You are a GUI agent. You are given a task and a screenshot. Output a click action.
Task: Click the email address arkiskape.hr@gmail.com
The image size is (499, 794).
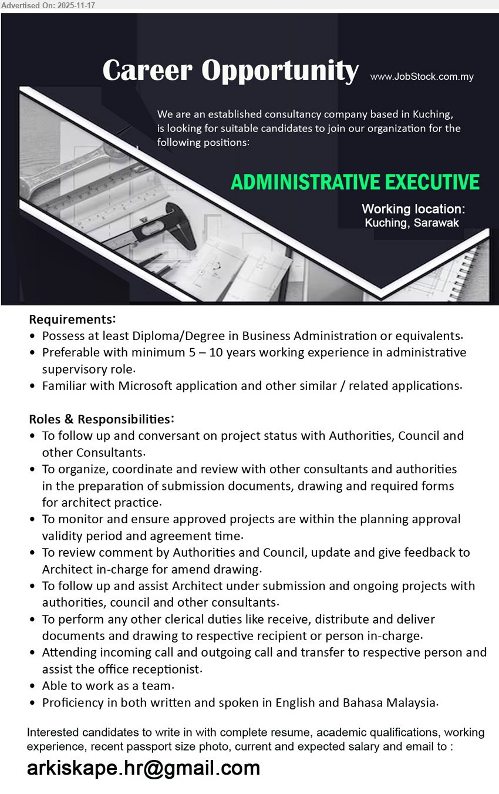(x=143, y=768)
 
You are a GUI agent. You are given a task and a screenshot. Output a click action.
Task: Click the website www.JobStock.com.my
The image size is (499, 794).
(x=422, y=76)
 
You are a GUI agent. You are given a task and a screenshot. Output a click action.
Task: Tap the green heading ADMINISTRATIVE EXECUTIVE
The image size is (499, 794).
(x=355, y=182)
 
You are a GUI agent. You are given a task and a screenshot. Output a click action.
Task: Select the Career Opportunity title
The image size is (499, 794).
(x=230, y=70)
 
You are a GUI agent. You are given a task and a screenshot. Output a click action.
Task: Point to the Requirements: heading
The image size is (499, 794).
(x=72, y=319)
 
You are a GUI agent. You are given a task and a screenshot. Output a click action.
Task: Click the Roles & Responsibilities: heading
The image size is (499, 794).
(x=101, y=419)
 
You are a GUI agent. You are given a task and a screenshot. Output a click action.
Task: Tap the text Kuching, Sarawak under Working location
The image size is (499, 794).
(x=412, y=223)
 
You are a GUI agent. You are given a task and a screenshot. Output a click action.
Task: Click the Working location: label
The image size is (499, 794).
(x=413, y=208)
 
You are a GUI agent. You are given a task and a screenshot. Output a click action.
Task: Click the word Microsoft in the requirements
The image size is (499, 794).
(x=148, y=386)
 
